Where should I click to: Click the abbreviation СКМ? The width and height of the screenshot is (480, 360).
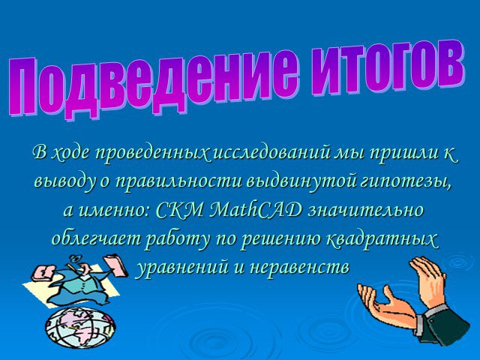[x=179, y=210]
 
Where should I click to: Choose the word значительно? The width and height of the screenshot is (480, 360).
[x=366, y=211]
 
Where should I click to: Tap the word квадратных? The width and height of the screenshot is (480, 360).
[x=381, y=239]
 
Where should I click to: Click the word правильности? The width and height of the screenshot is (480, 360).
[x=180, y=182]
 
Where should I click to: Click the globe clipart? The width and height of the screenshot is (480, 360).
[x=80, y=327]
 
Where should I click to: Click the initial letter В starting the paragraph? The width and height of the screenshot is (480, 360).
[x=40, y=151]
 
